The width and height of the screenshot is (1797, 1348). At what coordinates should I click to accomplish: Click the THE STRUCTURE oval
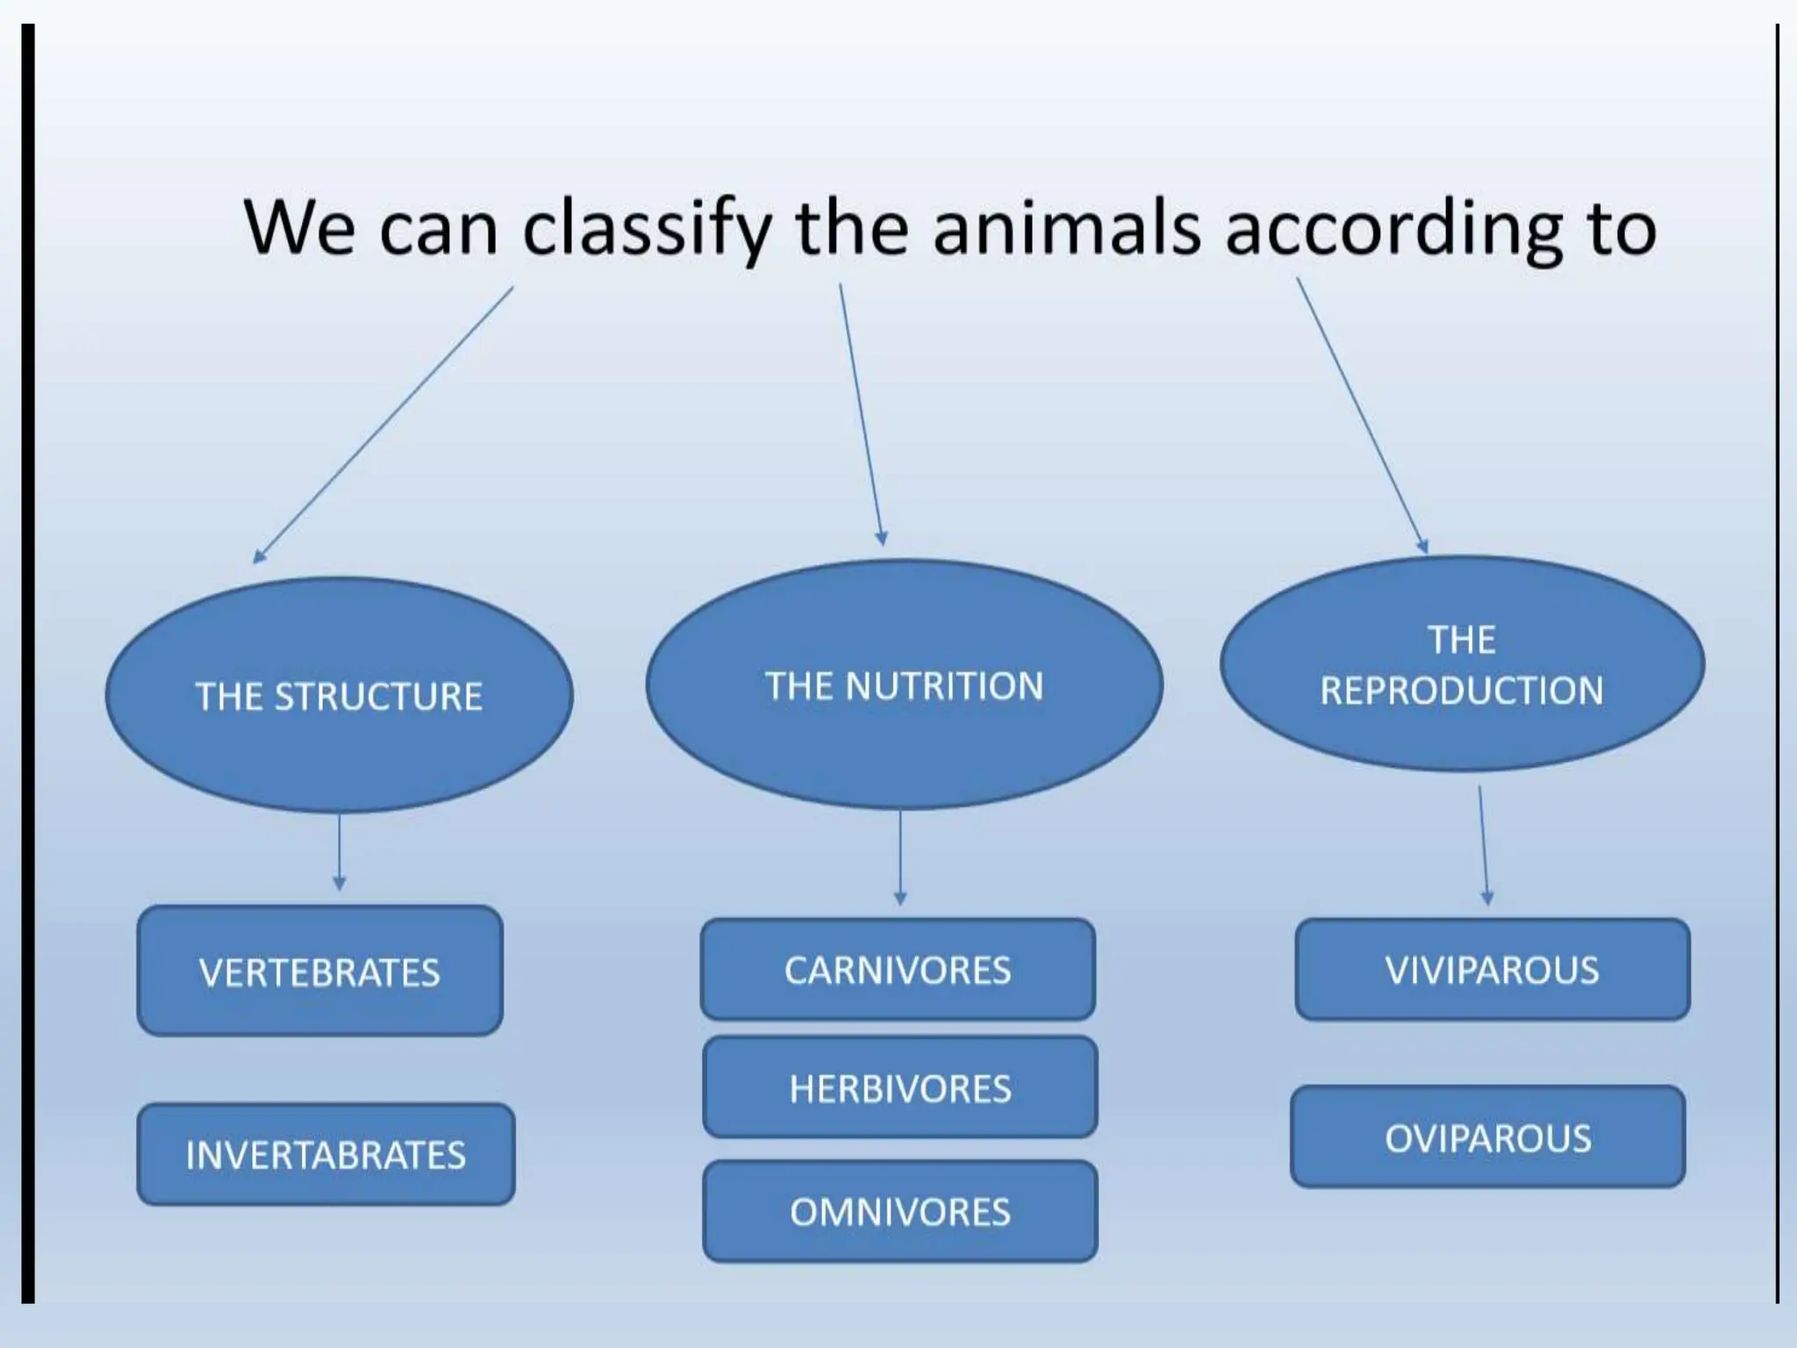click(x=339, y=694)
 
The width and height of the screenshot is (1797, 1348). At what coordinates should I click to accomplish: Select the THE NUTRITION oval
click(x=904, y=685)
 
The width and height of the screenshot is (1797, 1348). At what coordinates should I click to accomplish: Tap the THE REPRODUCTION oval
click(x=1462, y=664)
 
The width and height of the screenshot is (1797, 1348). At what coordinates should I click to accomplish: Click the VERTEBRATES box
click(x=320, y=971)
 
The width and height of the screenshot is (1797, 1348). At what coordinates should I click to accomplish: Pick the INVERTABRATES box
click(x=326, y=1154)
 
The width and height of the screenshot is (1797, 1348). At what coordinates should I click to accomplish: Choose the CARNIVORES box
click(x=898, y=969)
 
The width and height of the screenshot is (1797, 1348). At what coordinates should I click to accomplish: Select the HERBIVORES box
click(x=900, y=1087)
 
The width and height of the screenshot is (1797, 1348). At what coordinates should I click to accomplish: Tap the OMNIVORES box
click(x=900, y=1211)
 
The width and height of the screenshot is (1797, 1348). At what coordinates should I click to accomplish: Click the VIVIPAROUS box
click(x=1492, y=969)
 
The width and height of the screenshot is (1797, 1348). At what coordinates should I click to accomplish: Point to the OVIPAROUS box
click(x=1488, y=1137)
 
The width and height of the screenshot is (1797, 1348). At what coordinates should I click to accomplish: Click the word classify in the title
click(x=647, y=228)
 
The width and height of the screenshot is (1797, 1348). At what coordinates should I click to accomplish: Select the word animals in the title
click(x=1066, y=228)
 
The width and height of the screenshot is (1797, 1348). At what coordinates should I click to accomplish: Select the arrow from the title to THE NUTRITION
click(x=861, y=413)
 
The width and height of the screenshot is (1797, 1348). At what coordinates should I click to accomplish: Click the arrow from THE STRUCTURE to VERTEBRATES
click(x=340, y=850)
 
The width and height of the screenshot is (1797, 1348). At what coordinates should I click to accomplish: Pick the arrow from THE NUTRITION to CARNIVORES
click(x=900, y=857)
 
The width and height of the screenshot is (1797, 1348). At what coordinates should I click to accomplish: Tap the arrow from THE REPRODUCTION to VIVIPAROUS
click(x=1484, y=844)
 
